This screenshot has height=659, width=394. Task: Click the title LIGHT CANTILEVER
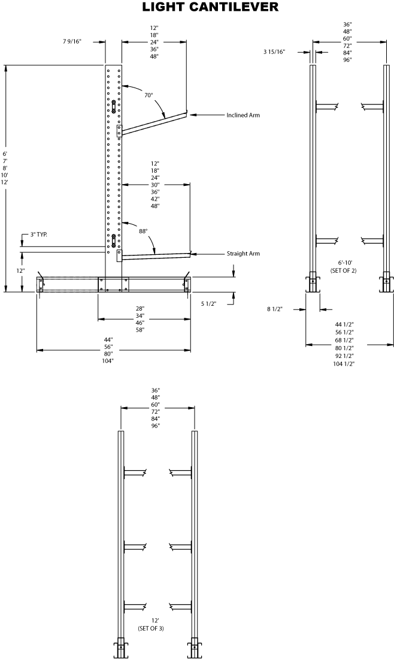[210, 7]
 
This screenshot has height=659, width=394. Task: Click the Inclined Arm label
[243, 115]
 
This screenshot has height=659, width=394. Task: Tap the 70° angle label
[148, 95]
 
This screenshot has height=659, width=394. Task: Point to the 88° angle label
[143, 230]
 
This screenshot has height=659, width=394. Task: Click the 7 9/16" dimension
[71, 42]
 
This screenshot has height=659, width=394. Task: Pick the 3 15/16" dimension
[274, 52]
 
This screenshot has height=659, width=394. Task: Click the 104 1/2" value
[344, 364]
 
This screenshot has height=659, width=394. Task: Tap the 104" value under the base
[108, 361]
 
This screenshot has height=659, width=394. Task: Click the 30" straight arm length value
[156, 185]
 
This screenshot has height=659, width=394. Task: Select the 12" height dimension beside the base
[21, 271]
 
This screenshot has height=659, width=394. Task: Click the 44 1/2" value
[344, 324]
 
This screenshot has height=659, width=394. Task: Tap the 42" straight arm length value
[156, 199]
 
